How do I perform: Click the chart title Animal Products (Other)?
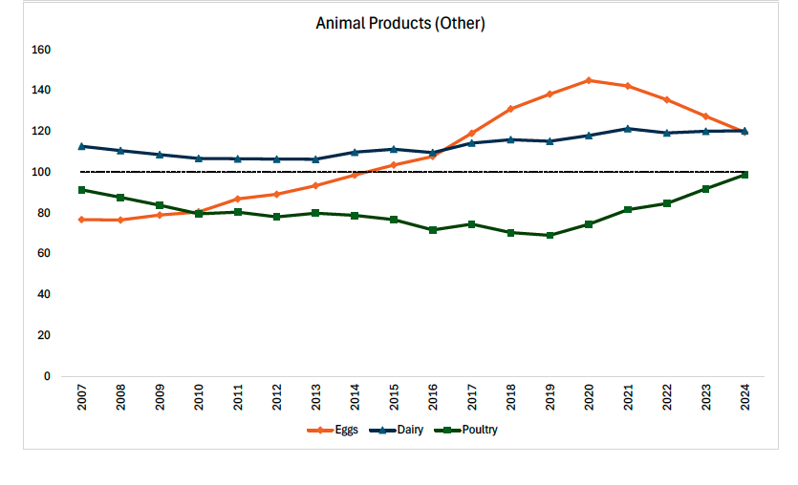click(400, 24)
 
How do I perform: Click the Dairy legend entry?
click(401, 430)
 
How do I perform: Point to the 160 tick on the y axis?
click(40, 50)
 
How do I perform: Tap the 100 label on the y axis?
click(40, 172)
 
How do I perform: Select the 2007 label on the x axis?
click(82, 399)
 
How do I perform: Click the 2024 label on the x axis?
click(744, 399)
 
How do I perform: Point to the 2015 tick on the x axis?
click(394, 399)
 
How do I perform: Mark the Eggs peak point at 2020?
click(589, 80)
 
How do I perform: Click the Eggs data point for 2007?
click(82, 220)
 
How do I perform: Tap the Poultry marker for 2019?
click(550, 235)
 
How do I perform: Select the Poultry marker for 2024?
click(744, 175)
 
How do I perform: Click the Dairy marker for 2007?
click(82, 146)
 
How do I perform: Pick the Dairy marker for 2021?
click(628, 128)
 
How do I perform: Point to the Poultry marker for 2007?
click(82, 190)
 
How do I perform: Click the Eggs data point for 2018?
click(510, 109)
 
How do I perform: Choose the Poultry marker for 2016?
click(433, 230)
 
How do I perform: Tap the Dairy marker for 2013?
click(315, 159)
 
